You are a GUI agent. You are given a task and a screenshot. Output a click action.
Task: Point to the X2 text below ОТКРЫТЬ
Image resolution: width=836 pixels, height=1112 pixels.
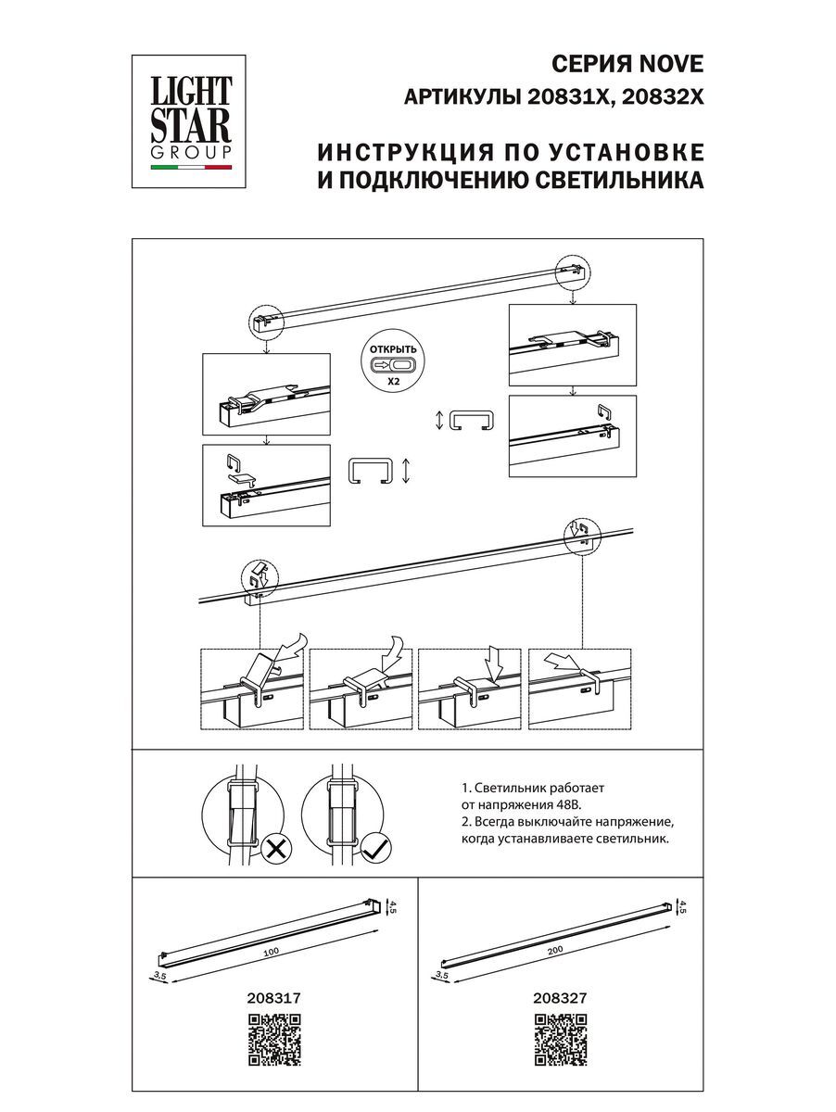pos(393,381)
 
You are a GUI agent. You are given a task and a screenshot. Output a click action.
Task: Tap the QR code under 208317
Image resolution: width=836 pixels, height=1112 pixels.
pos(275,1042)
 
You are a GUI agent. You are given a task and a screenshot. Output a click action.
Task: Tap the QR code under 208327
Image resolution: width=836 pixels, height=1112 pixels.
pos(561,1042)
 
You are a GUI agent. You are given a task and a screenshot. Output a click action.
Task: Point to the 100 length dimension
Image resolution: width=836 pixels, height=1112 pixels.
pos(271,951)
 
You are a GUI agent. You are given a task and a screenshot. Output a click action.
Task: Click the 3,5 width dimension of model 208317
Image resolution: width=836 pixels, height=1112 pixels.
pos(159,976)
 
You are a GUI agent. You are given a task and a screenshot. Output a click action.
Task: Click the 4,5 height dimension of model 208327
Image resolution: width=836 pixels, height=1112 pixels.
pos(683,907)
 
